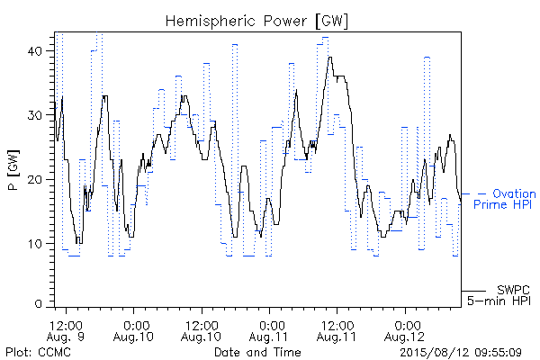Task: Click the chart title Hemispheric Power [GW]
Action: click(x=256, y=22)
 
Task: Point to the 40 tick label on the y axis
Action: click(x=34, y=51)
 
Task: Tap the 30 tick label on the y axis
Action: click(x=34, y=115)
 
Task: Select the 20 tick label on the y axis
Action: click(x=34, y=179)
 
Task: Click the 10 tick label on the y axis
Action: click(x=35, y=244)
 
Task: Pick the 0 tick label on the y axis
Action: click(x=38, y=304)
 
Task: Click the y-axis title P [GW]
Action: click(x=13, y=170)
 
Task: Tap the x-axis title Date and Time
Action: click(x=257, y=352)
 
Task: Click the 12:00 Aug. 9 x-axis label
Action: click(x=66, y=331)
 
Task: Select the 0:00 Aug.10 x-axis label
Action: click(x=133, y=331)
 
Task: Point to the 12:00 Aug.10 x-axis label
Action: click(x=202, y=331)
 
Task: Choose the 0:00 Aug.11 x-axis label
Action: click(x=269, y=331)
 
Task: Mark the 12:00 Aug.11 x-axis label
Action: click(x=337, y=331)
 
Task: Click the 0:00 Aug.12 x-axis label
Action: click(x=405, y=331)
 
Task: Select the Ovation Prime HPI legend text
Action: click(x=505, y=199)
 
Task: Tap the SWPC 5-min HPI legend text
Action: click(x=499, y=295)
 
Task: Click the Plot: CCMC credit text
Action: click(x=38, y=352)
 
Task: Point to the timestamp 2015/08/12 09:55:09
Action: click(x=461, y=352)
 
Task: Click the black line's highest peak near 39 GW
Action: click(x=330, y=58)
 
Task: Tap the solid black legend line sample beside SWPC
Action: click(x=473, y=291)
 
